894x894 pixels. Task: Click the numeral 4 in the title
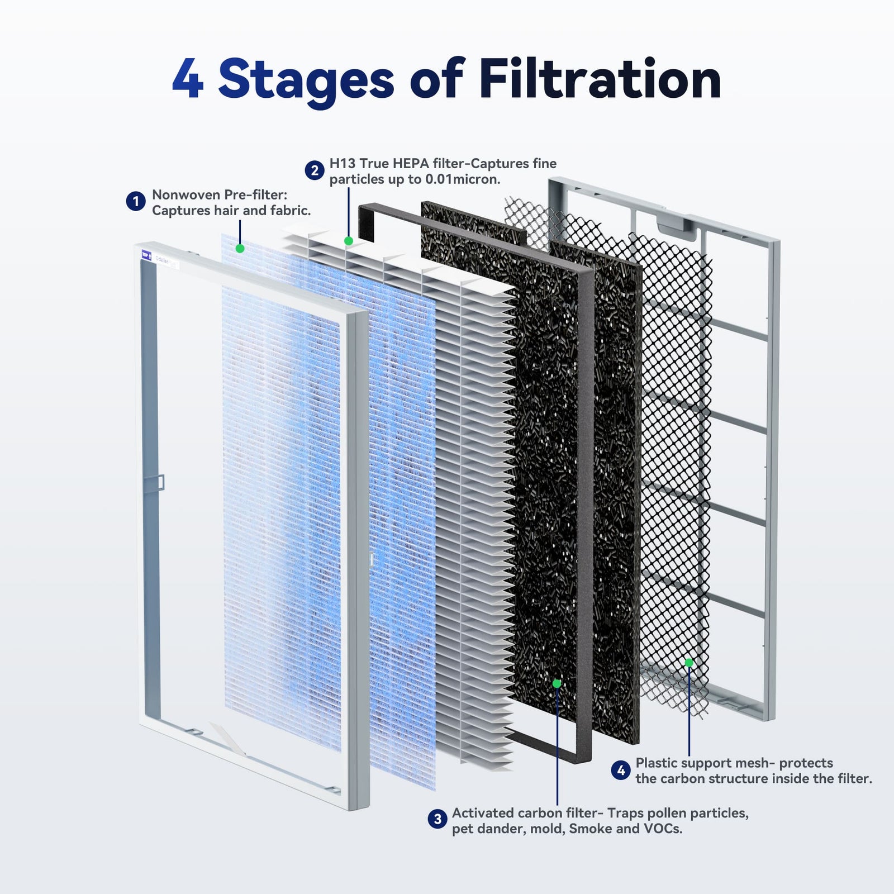pos(188,80)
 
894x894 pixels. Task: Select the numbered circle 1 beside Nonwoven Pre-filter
pos(135,201)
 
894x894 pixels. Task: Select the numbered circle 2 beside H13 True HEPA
pos(315,170)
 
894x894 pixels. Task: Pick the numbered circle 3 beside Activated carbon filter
pos(438,819)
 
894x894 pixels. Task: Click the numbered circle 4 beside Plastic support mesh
pos(620,771)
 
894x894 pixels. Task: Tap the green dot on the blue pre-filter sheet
pos(240,248)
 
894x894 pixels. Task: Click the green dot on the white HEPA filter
pos(349,241)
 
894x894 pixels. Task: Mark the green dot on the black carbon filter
pos(557,683)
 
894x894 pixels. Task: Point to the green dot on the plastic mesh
pos(689,663)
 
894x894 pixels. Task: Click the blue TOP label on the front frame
pos(146,256)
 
